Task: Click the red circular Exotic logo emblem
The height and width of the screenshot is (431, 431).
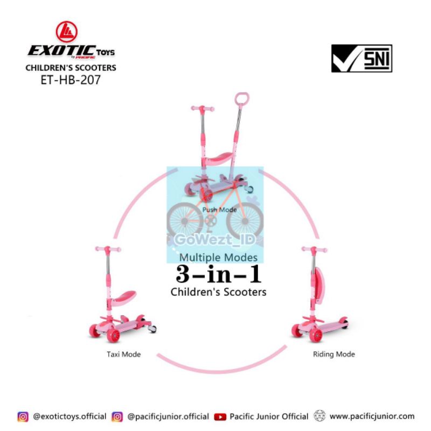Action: click(x=66, y=32)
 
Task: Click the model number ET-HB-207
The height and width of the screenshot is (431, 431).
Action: click(x=71, y=80)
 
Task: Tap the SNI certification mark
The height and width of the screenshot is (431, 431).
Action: click(x=362, y=58)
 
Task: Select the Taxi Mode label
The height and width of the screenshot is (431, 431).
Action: click(x=124, y=354)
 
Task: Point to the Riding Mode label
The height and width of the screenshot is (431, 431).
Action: click(x=334, y=354)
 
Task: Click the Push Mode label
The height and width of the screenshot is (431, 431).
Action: click(x=219, y=210)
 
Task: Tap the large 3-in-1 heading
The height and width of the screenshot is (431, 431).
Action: click(x=219, y=274)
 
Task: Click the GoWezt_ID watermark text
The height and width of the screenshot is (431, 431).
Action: click(x=215, y=239)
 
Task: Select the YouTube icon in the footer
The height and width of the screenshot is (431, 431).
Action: click(x=220, y=416)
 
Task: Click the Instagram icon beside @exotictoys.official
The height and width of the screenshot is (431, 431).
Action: click(x=23, y=416)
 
